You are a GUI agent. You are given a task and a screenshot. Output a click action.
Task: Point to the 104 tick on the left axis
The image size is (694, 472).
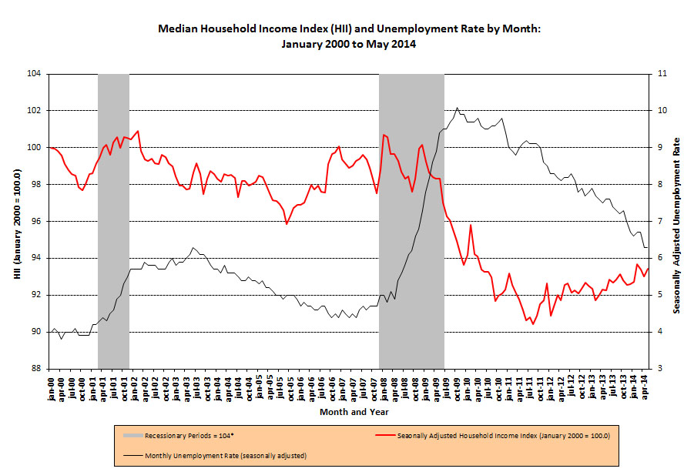(x=36, y=74)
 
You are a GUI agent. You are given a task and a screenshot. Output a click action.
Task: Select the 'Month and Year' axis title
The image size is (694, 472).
(x=350, y=412)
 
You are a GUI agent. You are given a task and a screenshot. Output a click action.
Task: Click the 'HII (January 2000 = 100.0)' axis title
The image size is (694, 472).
(x=16, y=222)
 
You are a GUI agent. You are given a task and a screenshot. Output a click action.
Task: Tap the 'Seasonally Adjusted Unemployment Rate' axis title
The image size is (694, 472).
(x=677, y=222)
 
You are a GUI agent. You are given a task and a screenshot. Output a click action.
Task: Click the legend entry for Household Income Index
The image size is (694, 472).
(x=504, y=436)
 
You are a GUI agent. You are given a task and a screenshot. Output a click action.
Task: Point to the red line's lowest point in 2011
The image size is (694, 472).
(x=533, y=324)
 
